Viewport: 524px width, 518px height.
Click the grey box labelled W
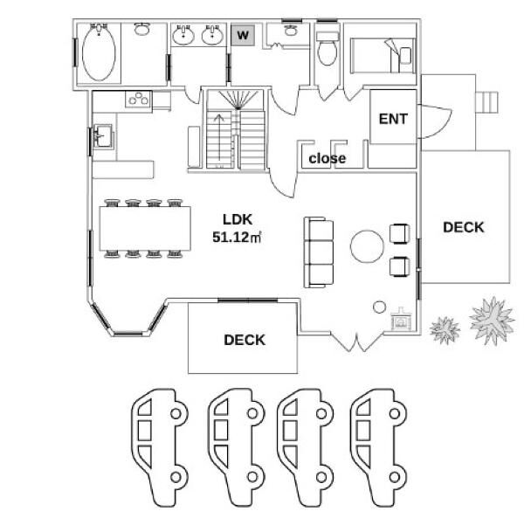tap(243, 35)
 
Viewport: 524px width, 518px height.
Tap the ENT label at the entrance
tap(393, 119)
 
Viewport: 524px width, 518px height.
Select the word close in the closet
tap(327, 158)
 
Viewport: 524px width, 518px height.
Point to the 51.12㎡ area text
tap(237, 238)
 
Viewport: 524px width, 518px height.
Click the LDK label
tap(238, 219)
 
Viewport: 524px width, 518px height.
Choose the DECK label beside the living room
tap(463, 227)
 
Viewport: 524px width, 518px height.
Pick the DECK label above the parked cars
tap(245, 340)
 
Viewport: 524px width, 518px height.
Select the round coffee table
tap(367, 246)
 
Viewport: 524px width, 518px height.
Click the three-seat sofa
tap(319, 252)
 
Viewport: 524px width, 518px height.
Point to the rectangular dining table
tap(145, 228)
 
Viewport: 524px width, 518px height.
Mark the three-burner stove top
tap(138, 100)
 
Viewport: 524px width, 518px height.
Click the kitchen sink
tap(102, 135)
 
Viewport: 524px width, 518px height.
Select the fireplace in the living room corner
tap(402, 319)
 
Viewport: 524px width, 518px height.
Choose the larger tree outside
tap(492, 320)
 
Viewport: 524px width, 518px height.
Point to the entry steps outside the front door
tap(487, 102)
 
